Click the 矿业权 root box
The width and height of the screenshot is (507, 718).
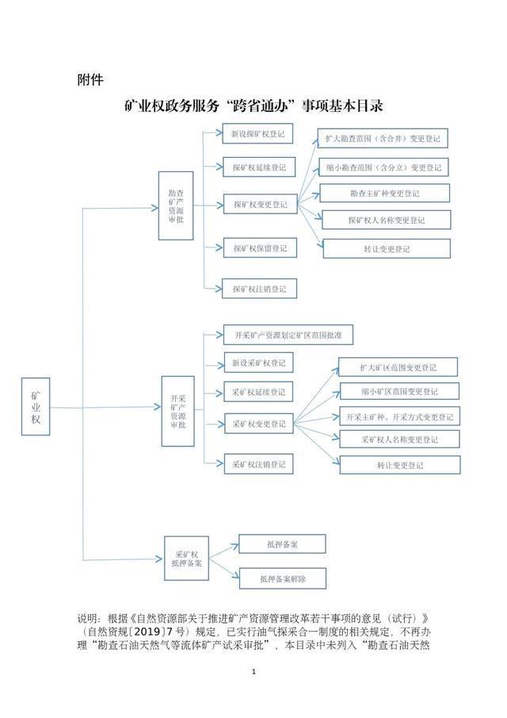[x=35, y=406]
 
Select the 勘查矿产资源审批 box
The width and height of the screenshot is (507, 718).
[x=176, y=205]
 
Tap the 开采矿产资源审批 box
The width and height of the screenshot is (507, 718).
[x=177, y=411]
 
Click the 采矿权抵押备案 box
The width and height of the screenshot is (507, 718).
[x=186, y=559]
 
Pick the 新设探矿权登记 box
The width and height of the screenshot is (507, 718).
[x=257, y=134]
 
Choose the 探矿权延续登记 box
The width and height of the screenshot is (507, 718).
[x=259, y=167]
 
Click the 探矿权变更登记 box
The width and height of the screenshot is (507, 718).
[x=261, y=204]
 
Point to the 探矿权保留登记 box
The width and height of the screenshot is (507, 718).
[x=260, y=248]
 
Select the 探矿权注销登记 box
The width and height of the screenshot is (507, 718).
[x=259, y=289]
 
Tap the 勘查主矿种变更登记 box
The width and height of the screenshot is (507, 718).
[x=384, y=194]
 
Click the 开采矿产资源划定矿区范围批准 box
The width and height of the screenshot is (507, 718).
[x=288, y=335]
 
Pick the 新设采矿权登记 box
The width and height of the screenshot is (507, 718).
[x=258, y=363]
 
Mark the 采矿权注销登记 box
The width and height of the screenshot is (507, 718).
[x=258, y=464]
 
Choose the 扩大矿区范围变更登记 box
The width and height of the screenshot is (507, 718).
[x=398, y=367]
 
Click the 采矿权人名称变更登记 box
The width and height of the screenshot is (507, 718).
[x=399, y=440]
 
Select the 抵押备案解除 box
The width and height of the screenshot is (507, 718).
[x=283, y=578]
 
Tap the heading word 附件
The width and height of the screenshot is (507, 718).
[x=90, y=79]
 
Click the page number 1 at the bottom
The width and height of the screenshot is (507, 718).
[x=253, y=672]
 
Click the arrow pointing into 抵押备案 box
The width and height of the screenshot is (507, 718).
[x=224, y=551]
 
